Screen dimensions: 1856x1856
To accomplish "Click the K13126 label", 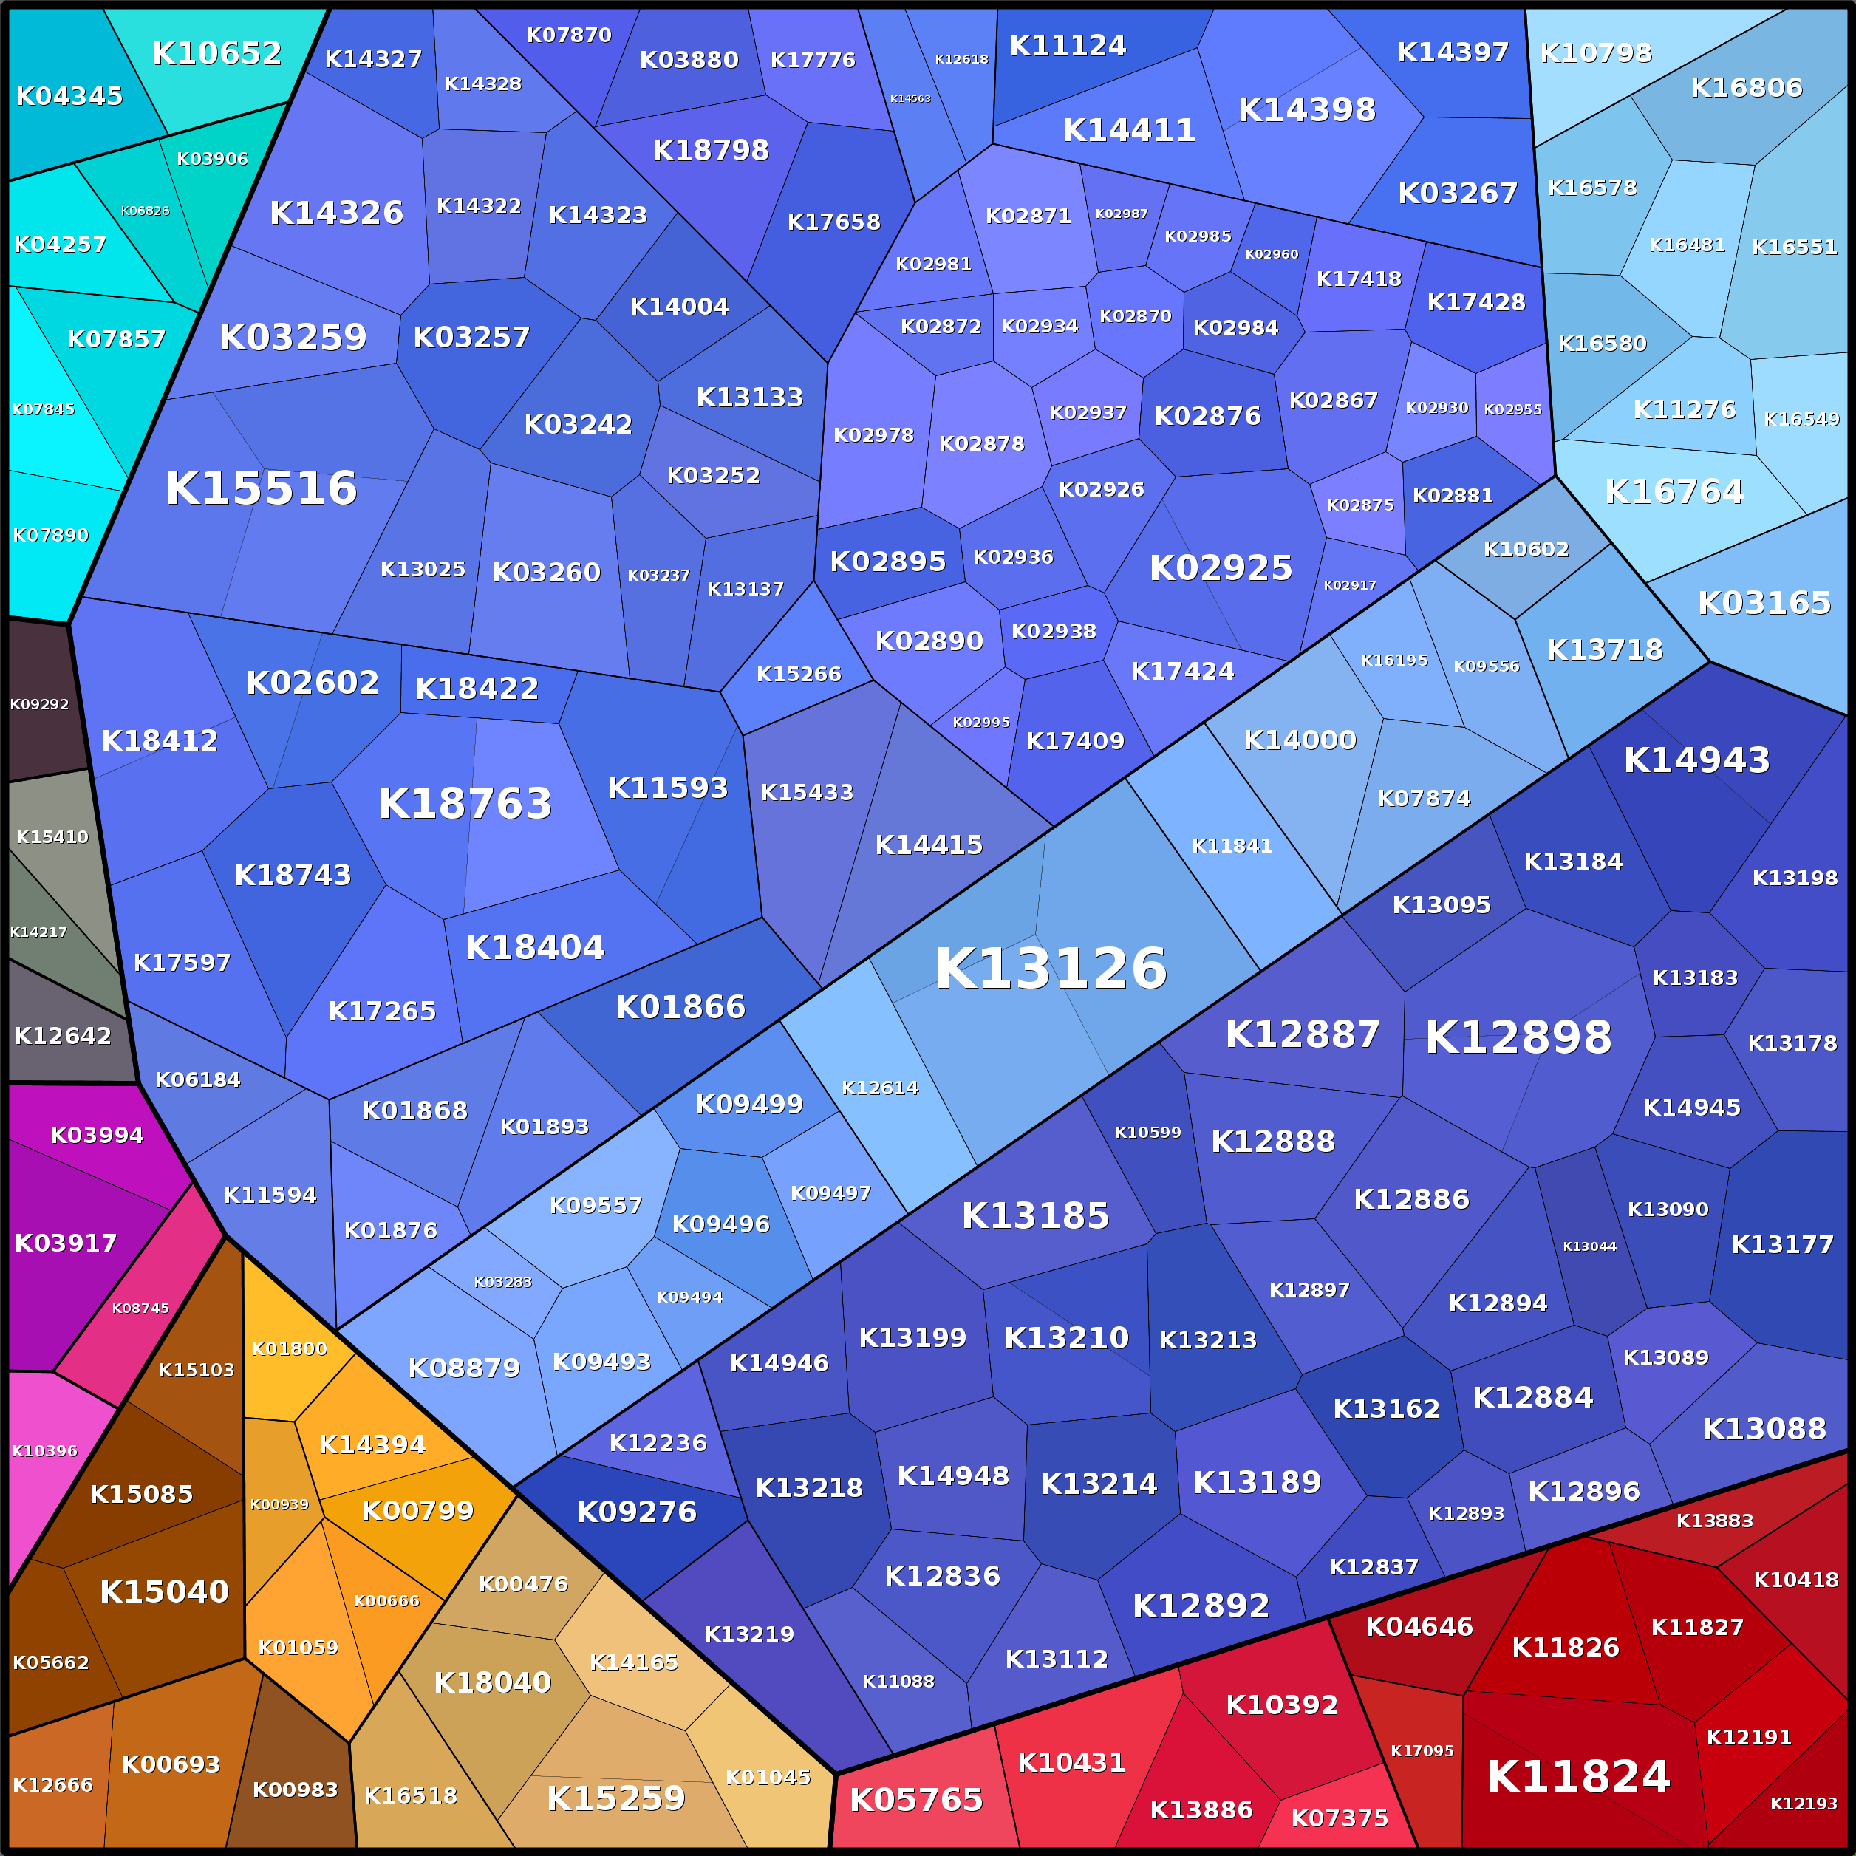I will tap(1051, 969).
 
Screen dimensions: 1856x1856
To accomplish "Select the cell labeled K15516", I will tap(262, 488).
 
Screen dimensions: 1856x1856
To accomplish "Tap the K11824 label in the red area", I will tap(1578, 1776).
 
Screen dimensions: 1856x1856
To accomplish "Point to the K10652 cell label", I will tap(217, 53).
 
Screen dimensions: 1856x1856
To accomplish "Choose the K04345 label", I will tap(69, 96).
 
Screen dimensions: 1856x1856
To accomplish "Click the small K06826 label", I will tap(145, 211).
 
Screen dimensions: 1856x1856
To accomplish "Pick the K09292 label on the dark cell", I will tap(39, 704).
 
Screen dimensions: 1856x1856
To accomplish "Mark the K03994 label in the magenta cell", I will tap(97, 1136).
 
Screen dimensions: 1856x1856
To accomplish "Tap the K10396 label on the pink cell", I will tap(44, 1450).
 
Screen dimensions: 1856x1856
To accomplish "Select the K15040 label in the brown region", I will tap(164, 1591).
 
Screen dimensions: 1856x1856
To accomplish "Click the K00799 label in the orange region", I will tap(418, 1510).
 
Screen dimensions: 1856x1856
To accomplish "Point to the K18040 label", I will tap(493, 1683).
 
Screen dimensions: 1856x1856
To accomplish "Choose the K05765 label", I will tap(916, 1799).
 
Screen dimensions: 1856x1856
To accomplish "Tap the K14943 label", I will tap(1696, 760).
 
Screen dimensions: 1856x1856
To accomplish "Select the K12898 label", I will tap(1518, 1037).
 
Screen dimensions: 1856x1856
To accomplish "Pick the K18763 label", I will tap(465, 803).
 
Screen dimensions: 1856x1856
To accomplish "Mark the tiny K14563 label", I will tap(910, 99).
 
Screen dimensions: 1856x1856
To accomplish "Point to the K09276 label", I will tap(636, 1512).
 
